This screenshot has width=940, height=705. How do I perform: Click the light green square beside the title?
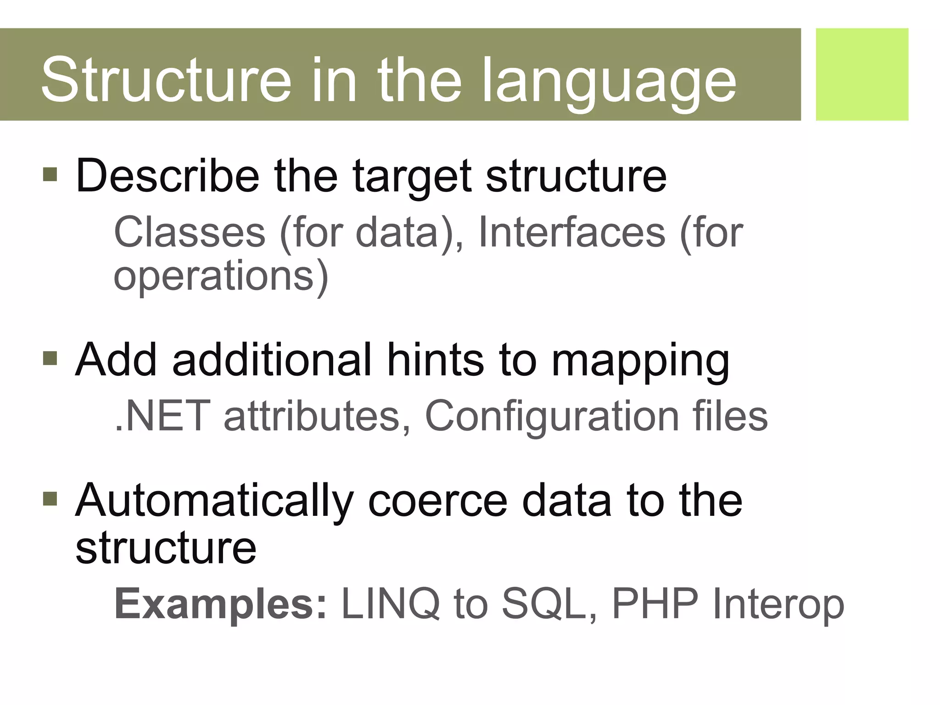click(x=862, y=74)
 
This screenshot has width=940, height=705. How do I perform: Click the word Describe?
click(x=168, y=176)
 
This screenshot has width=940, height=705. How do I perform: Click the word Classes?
click(x=190, y=232)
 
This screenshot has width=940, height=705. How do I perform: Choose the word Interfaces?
click(x=571, y=232)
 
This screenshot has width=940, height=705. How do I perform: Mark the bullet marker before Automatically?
click(x=50, y=498)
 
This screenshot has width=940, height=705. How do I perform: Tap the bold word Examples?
click(x=221, y=605)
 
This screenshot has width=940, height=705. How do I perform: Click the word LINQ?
click(x=391, y=604)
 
